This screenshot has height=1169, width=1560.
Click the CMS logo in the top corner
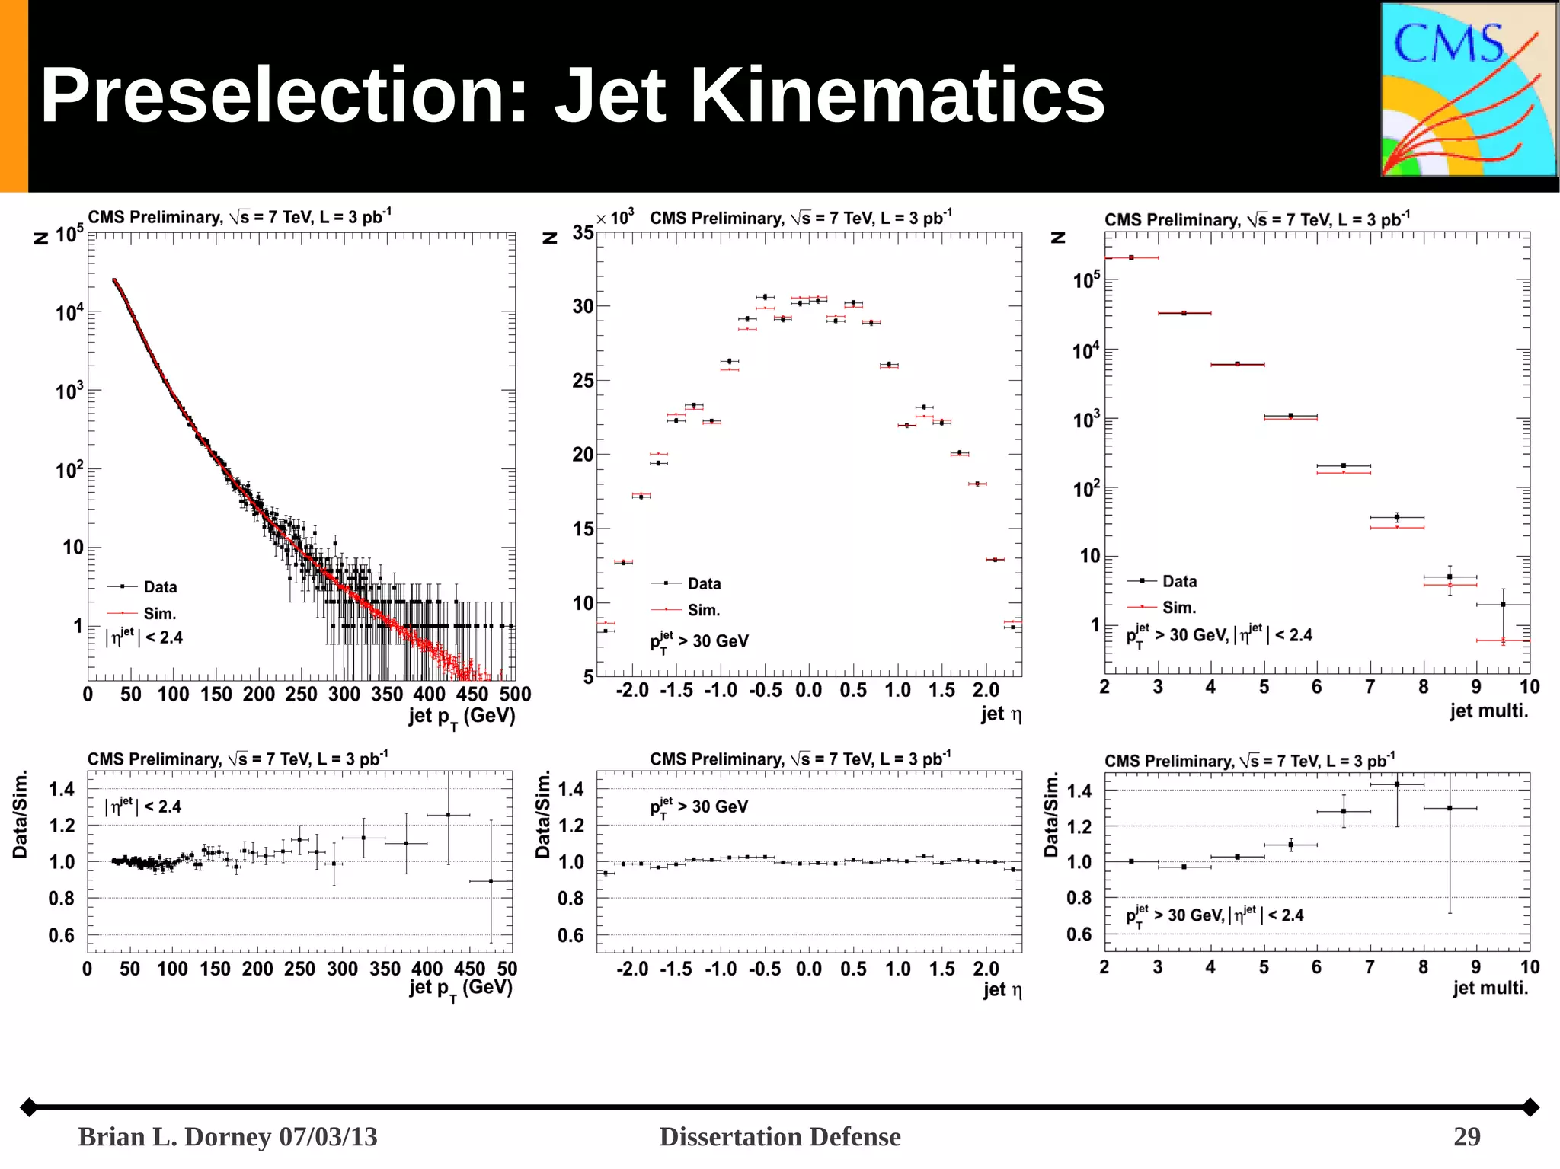coord(1469,90)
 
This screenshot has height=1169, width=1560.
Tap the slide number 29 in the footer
coord(1466,1136)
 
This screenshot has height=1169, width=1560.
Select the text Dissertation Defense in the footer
coord(779,1136)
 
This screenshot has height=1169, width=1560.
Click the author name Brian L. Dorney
coord(175,1136)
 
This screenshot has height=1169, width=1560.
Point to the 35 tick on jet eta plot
coord(583,232)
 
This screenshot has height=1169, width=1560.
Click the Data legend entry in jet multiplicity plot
coord(1179,581)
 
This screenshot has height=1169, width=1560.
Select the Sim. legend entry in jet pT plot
coord(159,613)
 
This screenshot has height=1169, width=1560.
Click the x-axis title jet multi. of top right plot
coord(1488,711)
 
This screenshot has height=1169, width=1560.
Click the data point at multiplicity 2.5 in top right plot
coord(1131,257)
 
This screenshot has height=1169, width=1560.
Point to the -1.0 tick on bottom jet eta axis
coord(721,969)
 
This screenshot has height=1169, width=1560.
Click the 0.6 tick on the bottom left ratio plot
coord(61,934)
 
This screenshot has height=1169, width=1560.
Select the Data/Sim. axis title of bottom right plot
coord(1051,815)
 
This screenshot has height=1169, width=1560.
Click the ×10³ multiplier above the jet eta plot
coord(615,219)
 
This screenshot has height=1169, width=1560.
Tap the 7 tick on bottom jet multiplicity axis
coord(1370,967)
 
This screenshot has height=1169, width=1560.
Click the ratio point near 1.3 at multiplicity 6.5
coord(1344,811)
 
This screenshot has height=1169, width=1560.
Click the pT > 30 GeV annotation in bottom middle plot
coord(699,807)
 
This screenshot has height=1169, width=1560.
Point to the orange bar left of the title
coord(14,96)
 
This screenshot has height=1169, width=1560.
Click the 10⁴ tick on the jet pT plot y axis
coord(69,312)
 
